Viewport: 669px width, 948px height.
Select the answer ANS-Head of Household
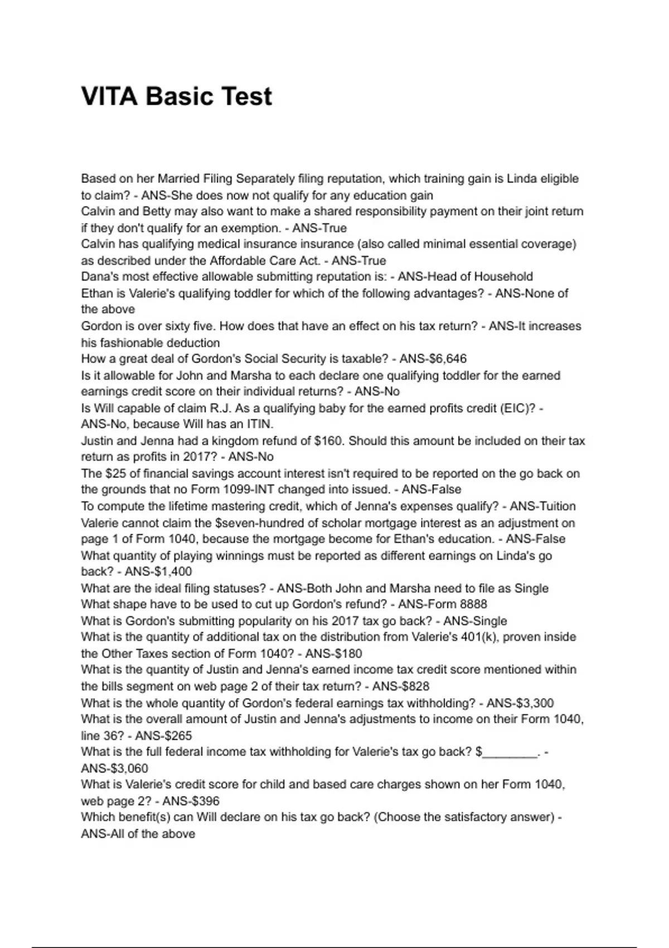466,277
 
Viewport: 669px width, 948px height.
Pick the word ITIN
260,424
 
